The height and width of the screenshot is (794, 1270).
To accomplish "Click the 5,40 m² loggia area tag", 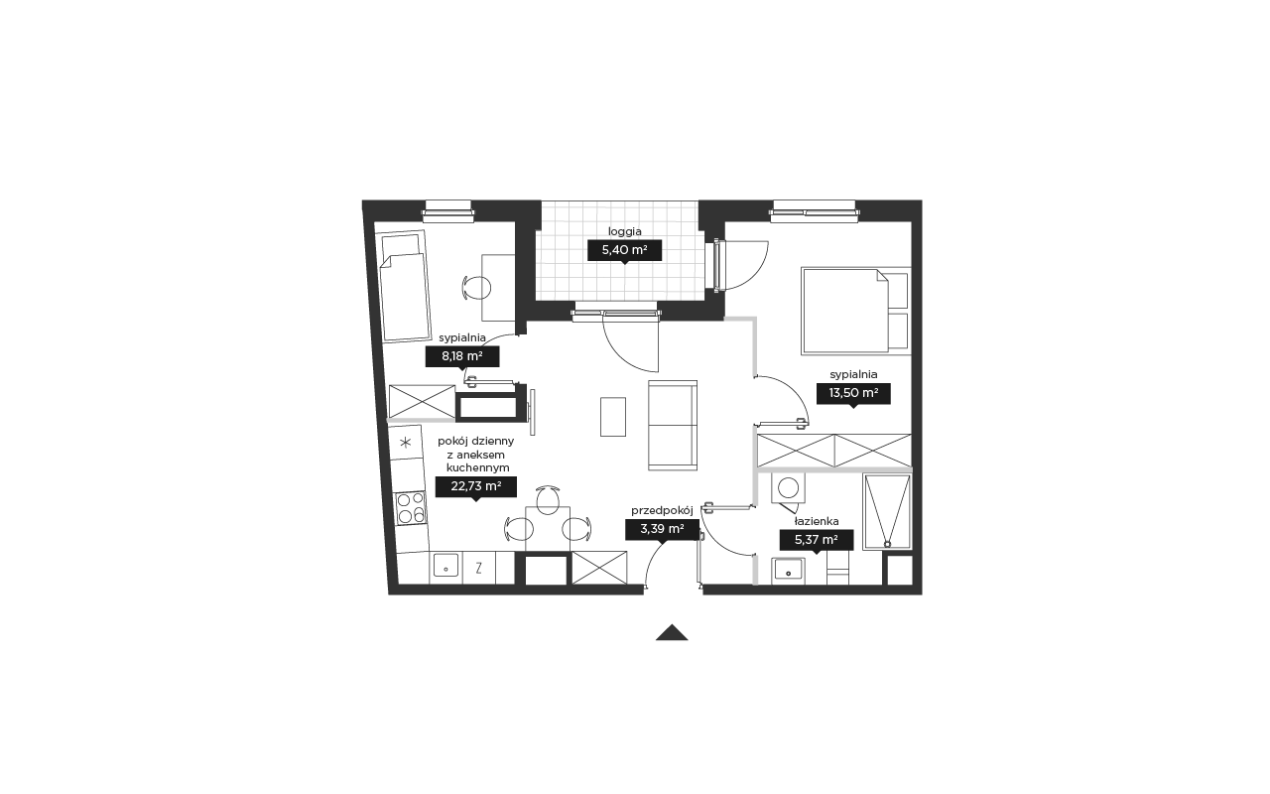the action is point(624,251).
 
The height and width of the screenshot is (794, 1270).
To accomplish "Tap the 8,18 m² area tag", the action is point(462,356).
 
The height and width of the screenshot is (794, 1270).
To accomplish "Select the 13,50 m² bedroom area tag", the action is point(853,394).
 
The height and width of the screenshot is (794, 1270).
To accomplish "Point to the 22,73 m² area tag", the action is point(475,486).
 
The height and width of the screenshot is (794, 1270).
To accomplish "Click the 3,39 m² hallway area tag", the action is point(662,530).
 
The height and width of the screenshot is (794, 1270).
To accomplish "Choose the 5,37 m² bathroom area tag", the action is point(816,540).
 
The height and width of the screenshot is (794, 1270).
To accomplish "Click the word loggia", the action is point(625,232).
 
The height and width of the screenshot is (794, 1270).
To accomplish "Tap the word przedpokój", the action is point(662,511).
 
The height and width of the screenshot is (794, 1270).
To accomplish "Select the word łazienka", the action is point(817,521).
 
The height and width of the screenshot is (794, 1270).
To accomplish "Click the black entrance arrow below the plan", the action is point(672,633).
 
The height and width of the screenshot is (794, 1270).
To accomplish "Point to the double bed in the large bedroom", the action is point(855,312).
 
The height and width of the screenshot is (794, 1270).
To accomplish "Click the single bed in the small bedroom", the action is point(404,287).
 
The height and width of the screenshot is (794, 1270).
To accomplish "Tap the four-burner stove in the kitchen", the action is point(411,507).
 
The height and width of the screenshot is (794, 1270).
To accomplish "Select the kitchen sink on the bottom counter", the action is point(445,566).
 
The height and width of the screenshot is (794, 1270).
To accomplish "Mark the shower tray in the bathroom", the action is point(887,512).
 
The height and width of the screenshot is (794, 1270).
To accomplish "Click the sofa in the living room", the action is point(673,426).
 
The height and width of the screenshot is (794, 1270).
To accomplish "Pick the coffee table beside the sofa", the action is point(613,417).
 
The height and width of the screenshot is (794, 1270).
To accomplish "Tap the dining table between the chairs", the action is point(547,529).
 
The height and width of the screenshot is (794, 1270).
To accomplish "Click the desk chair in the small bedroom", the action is point(477,288).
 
